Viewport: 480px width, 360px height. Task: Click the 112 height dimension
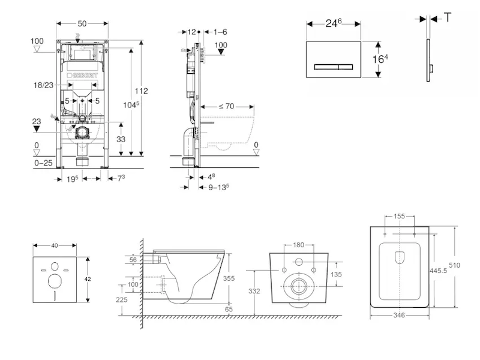(142, 91)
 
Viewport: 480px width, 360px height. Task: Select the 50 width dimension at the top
(83, 23)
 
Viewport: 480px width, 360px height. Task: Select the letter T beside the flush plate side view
(448, 18)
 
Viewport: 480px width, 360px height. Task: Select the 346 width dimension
(400, 314)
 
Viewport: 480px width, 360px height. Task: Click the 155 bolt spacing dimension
(399, 217)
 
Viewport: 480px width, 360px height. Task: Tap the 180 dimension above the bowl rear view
(298, 245)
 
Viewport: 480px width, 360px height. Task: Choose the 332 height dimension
(254, 291)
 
